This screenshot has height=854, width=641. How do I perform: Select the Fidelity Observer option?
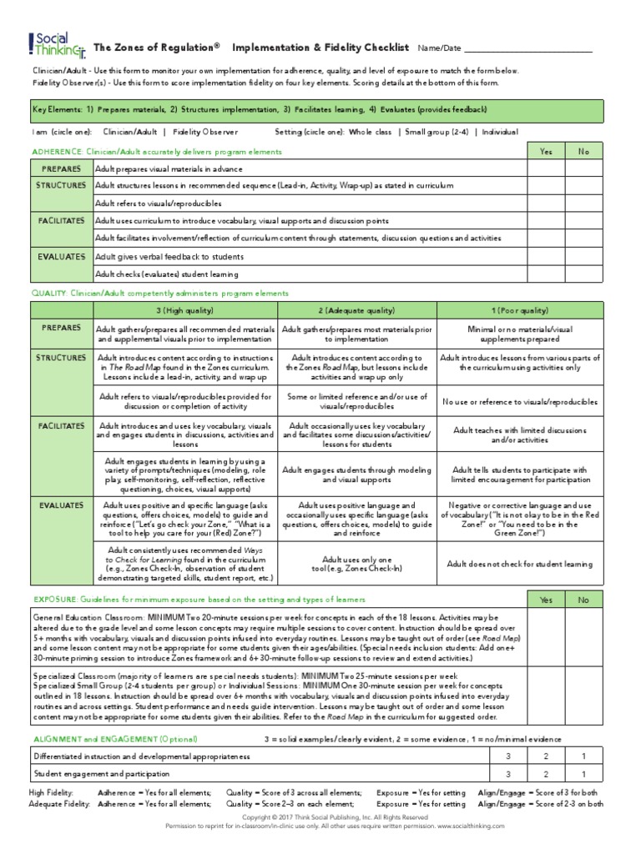coord(206,132)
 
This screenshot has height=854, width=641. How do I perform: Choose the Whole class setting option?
coord(371,132)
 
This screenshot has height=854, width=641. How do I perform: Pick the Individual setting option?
coord(498,132)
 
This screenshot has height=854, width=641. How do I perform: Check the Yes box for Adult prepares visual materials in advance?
coord(546,168)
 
